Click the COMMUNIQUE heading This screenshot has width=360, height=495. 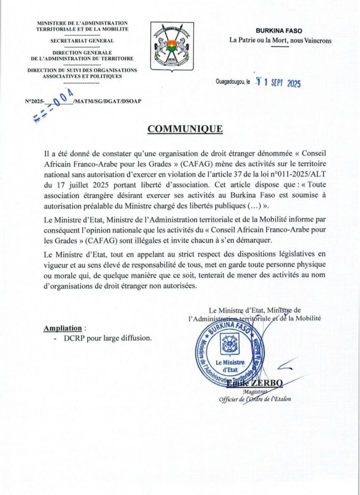(x=185, y=129)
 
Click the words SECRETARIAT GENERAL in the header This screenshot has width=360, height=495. (x=82, y=41)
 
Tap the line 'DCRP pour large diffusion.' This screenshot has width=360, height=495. (x=107, y=338)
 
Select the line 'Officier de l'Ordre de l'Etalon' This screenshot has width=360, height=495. (x=257, y=400)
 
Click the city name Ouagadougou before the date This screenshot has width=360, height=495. (x=230, y=83)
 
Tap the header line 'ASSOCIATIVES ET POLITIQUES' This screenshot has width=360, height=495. (x=82, y=76)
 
